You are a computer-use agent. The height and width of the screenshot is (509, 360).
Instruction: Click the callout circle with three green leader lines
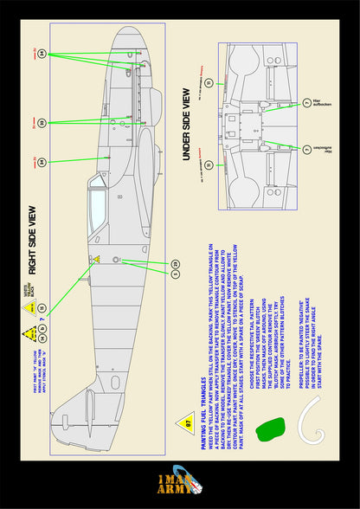42,54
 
